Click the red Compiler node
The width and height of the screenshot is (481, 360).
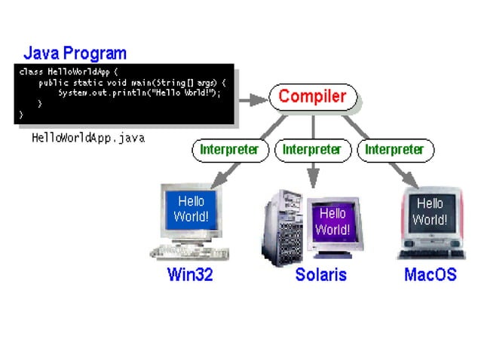(x=312, y=97)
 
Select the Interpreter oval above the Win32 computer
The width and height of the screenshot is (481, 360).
(x=229, y=149)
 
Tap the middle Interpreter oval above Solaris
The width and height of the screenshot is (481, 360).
(x=311, y=149)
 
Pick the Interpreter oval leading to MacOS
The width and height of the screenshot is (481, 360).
(x=394, y=149)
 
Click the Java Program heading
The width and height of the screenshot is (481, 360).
(x=75, y=53)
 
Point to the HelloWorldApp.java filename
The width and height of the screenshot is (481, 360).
(x=87, y=139)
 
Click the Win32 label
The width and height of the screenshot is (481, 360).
(x=190, y=274)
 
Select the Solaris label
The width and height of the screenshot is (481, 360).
(x=320, y=274)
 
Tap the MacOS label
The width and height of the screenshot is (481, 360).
(x=430, y=274)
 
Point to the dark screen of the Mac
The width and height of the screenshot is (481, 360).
(x=430, y=212)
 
